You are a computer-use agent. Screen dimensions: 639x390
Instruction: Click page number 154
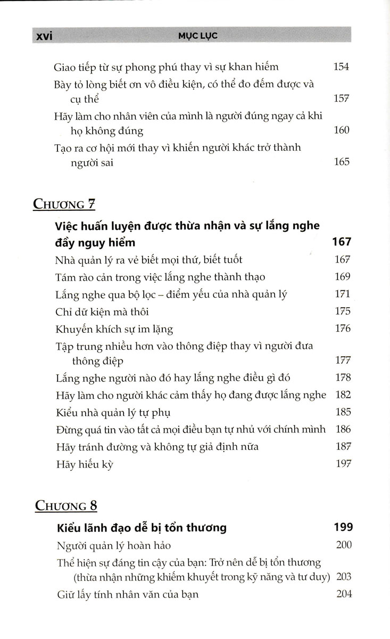[x=341, y=67]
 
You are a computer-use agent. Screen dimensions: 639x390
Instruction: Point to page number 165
[x=341, y=161]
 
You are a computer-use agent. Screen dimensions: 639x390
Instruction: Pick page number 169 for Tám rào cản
[x=341, y=276]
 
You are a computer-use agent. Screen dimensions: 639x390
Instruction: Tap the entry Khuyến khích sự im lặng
[x=114, y=329]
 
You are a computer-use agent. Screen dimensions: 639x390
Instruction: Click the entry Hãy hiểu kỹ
[x=84, y=464]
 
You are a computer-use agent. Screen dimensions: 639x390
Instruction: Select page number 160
[x=341, y=130]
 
